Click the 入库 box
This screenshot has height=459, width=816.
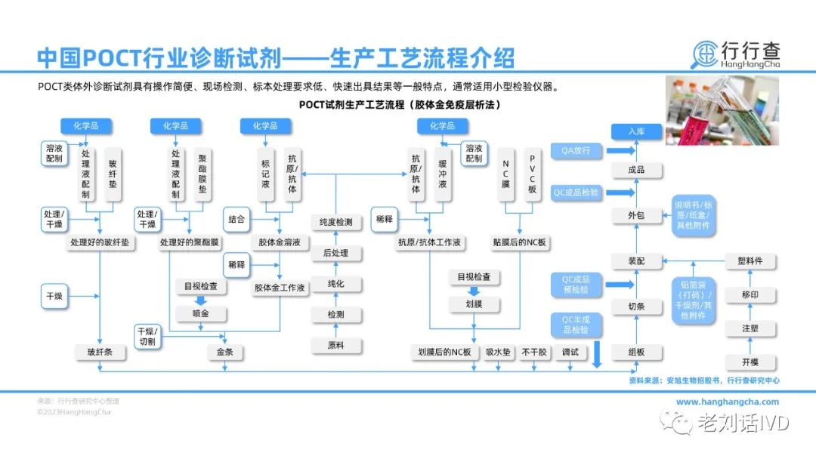tap(635, 131)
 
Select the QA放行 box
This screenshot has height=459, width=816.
tap(576, 151)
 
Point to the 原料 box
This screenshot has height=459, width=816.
tap(335, 345)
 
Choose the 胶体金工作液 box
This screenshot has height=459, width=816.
tap(280, 288)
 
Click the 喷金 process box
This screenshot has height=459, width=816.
tap(201, 312)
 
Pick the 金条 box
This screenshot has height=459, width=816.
tap(225, 353)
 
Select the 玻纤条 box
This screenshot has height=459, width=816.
tap(99, 353)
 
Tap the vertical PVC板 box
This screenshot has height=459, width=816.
tap(532, 175)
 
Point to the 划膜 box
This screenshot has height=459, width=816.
tap(474, 303)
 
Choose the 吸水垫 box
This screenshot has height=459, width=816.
tap(499, 353)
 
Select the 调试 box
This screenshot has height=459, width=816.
tap(570, 353)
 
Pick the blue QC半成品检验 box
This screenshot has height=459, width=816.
tap(576, 325)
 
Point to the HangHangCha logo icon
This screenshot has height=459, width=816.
tap(707, 54)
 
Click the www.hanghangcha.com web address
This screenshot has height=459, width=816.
tap(727, 402)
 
